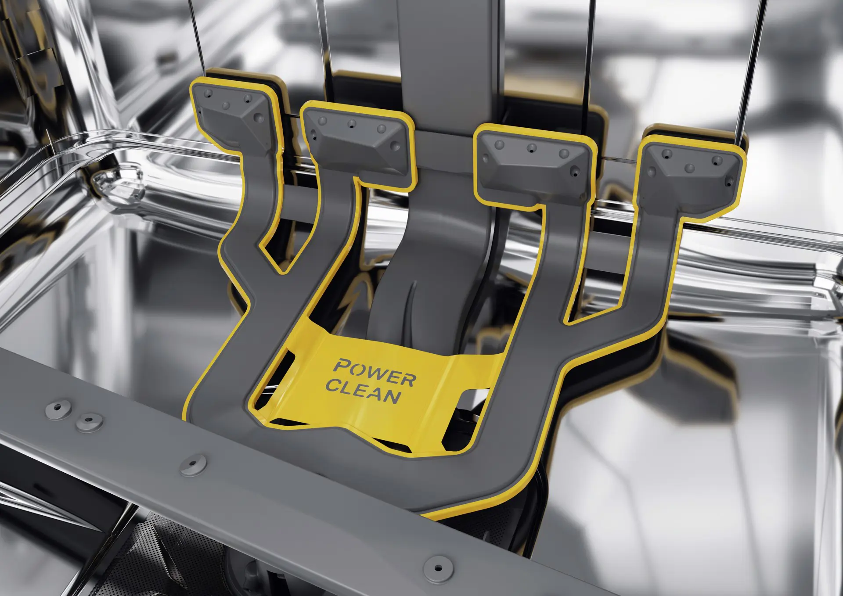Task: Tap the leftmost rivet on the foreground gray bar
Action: tap(58, 409)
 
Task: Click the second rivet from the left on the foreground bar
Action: tap(90, 422)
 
